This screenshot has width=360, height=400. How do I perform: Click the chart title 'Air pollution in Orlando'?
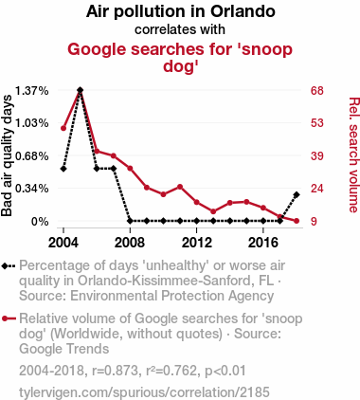pyautogui.click(x=180, y=12)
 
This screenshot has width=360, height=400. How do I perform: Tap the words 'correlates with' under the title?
pyautogui.click(x=180, y=29)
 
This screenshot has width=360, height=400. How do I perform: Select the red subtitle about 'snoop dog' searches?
pyautogui.click(x=180, y=57)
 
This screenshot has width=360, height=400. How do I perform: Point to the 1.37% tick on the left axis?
pyautogui.click(x=33, y=90)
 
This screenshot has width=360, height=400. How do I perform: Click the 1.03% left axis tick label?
pyautogui.click(x=33, y=123)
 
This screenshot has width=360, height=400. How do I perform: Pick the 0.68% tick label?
pyautogui.click(x=33, y=155)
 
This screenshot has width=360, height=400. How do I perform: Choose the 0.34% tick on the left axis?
pyautogui.click(x=33, y=189)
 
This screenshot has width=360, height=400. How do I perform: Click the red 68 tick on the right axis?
pyautogui.click(x=318, y=90)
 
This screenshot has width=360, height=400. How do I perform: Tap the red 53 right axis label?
pyautogui.click(x=318, y=123)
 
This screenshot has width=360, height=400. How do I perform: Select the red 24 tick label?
pyautogui.click(x=318, y=189)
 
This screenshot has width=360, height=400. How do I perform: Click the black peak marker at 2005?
pyautogui.click(x=80, y=90)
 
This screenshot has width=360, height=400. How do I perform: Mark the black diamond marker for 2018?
pyautogui.click(x=297, y=194)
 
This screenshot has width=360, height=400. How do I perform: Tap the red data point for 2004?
pyautogui.click(x=63, y=128)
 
